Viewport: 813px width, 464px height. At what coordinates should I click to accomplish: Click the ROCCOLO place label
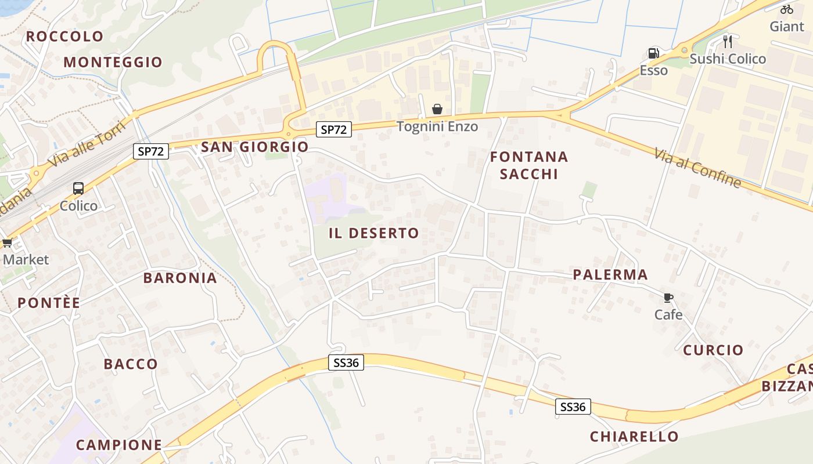64,37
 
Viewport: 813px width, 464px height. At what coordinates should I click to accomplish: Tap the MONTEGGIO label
113,63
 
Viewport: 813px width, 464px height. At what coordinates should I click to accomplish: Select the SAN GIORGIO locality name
254,147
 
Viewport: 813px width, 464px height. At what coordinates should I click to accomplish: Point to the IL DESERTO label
373,234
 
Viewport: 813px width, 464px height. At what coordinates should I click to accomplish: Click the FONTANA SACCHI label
528,165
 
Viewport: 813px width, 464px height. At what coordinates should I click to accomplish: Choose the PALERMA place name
610,275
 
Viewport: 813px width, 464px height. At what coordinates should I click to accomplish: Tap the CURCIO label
713,350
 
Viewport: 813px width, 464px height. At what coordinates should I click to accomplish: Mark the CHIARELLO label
634,437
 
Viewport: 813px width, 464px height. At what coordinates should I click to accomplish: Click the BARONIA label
180,278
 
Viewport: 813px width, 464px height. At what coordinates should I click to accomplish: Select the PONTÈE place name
49,303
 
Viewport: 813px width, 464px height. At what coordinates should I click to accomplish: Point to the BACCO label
131,364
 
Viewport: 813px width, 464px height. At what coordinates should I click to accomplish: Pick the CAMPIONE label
118,445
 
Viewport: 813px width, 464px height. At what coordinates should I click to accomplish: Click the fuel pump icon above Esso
653,54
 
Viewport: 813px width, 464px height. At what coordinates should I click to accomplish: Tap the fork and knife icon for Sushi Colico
728,42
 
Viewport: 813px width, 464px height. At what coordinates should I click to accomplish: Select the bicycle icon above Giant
787,9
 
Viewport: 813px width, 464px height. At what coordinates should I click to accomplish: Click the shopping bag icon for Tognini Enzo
437,109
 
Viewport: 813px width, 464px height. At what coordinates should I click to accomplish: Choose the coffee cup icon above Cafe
668,298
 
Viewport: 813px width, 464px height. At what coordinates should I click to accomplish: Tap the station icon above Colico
78,188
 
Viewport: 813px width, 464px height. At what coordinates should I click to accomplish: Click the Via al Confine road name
697,168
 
